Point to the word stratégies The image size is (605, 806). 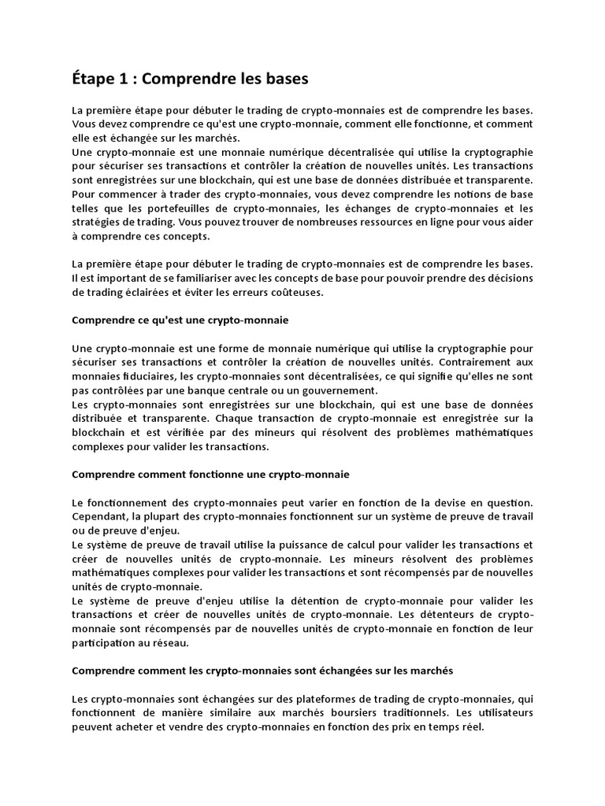tap(98, 223)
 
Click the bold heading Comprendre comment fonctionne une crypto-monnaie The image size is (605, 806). tap(210, 475)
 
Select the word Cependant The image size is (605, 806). tap(98, 516)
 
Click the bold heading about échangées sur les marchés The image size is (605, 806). tap(263, 671)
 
